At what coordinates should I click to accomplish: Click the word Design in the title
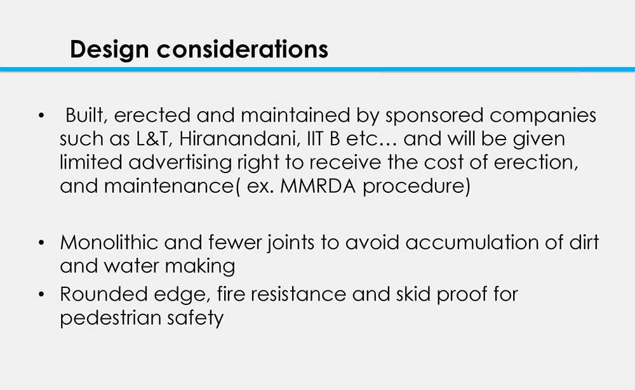pyautogui.click(x=109, y=50)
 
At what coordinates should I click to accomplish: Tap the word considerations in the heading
pyautogui.click(x=242, y=49)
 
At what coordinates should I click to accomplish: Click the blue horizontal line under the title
pyautogui.click(x=317, y=70)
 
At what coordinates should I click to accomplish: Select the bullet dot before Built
pyautogui.click(x=41, y=115)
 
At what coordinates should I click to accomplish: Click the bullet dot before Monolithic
pyautogui.click(x=41, y=243)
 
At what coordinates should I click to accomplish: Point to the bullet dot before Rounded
pyautogui.click(x=41, y=294)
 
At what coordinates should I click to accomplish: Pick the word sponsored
pyautogui.click(x=434, y=116)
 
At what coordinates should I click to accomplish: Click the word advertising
pyautogui.click(x=180, y=163)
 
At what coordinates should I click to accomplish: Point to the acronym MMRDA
pyautogui.click(x=318, y=186)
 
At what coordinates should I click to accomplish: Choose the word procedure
pyautogui.click(x=417, y=186)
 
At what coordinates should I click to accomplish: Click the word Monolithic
pyautogui.click(x=109, y=242)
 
